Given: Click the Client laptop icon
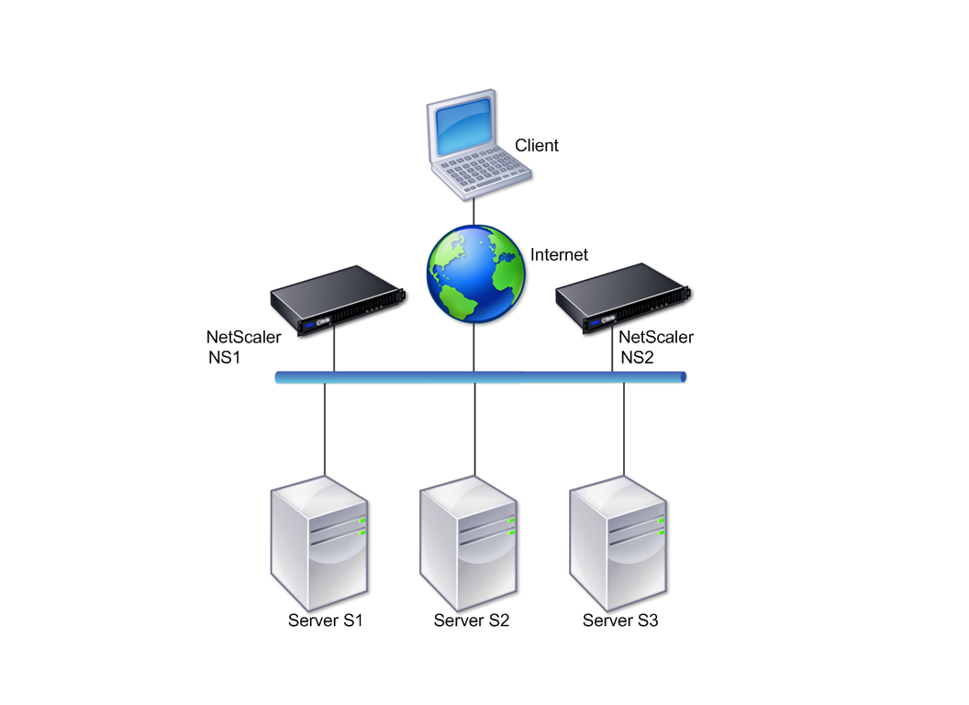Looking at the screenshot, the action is pos(478,145).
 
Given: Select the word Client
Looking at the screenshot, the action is pos(537,145).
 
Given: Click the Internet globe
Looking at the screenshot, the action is pos(475,274).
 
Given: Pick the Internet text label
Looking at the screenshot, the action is pos(559,255).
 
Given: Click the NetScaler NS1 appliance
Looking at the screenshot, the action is pos(338,300).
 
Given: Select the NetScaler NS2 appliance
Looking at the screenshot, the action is pos(623,298).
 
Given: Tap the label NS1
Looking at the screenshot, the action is pos(224,357).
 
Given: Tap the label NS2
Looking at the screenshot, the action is pos(637,357).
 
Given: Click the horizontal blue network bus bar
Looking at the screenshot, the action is pos(481,377).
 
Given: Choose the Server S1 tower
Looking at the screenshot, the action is pos(319,543).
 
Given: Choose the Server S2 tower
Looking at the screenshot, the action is pos(468,543).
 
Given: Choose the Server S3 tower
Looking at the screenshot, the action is pos(618,543).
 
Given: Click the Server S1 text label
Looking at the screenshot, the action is pos(325,621).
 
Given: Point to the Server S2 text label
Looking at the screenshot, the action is pos(472,621).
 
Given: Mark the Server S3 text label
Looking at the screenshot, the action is pos(620,621).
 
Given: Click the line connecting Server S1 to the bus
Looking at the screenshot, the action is pos(325,430).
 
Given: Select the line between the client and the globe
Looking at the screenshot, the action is pos(474,212).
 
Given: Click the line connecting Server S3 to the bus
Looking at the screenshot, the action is pos(624,430).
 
